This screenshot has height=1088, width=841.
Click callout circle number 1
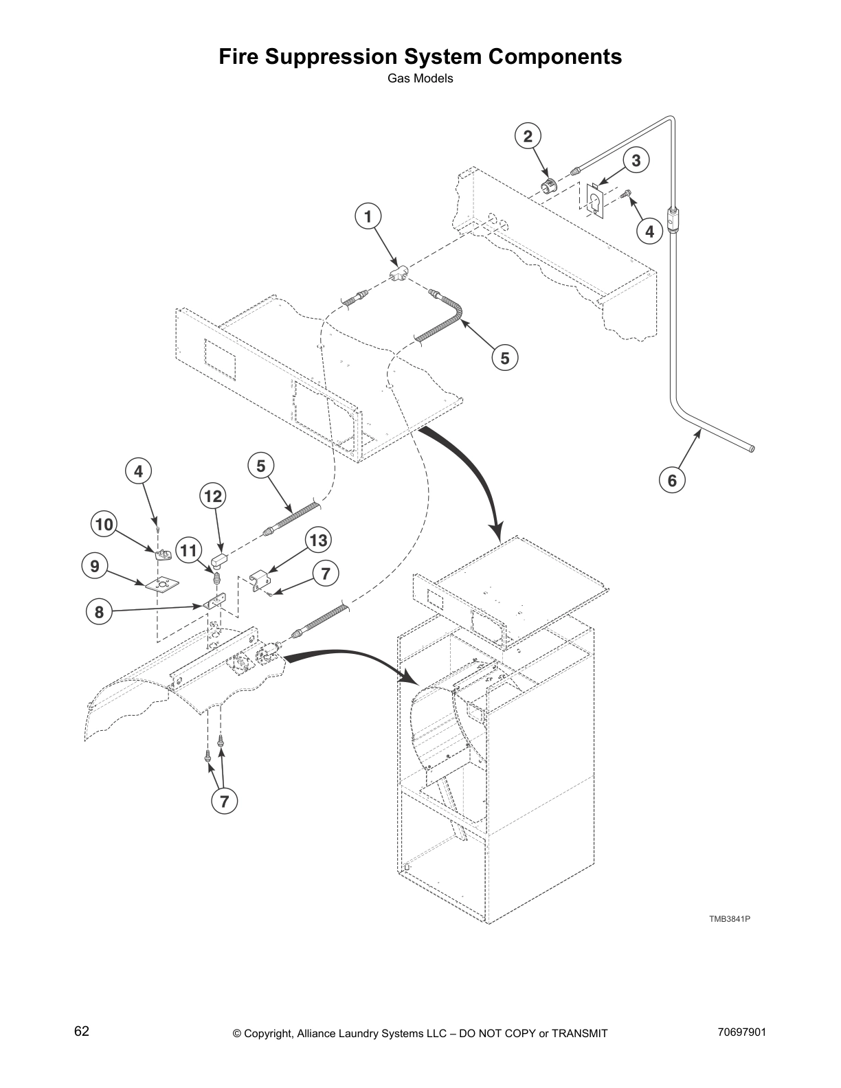tap(368, 217)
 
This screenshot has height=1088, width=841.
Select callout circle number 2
tap(528, 136)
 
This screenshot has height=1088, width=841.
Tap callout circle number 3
tap(636, 161)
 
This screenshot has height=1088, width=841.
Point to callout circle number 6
tap(672, 480)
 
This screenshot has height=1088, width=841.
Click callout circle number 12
tap(213, 496)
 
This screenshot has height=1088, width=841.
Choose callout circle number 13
tap(318, 540)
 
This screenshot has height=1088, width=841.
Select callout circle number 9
tap(94, 566)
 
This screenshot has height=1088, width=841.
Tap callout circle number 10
tap(104, 525)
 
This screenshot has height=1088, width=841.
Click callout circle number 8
tap(99, 611)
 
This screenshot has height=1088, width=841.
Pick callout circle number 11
tap(189, 549)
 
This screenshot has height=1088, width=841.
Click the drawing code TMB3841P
tap(729, 918)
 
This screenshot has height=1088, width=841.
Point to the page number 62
tap(82, 1032)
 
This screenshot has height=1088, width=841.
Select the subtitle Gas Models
tap(420, 78)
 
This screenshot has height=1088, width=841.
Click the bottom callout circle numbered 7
tap(224, 800)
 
